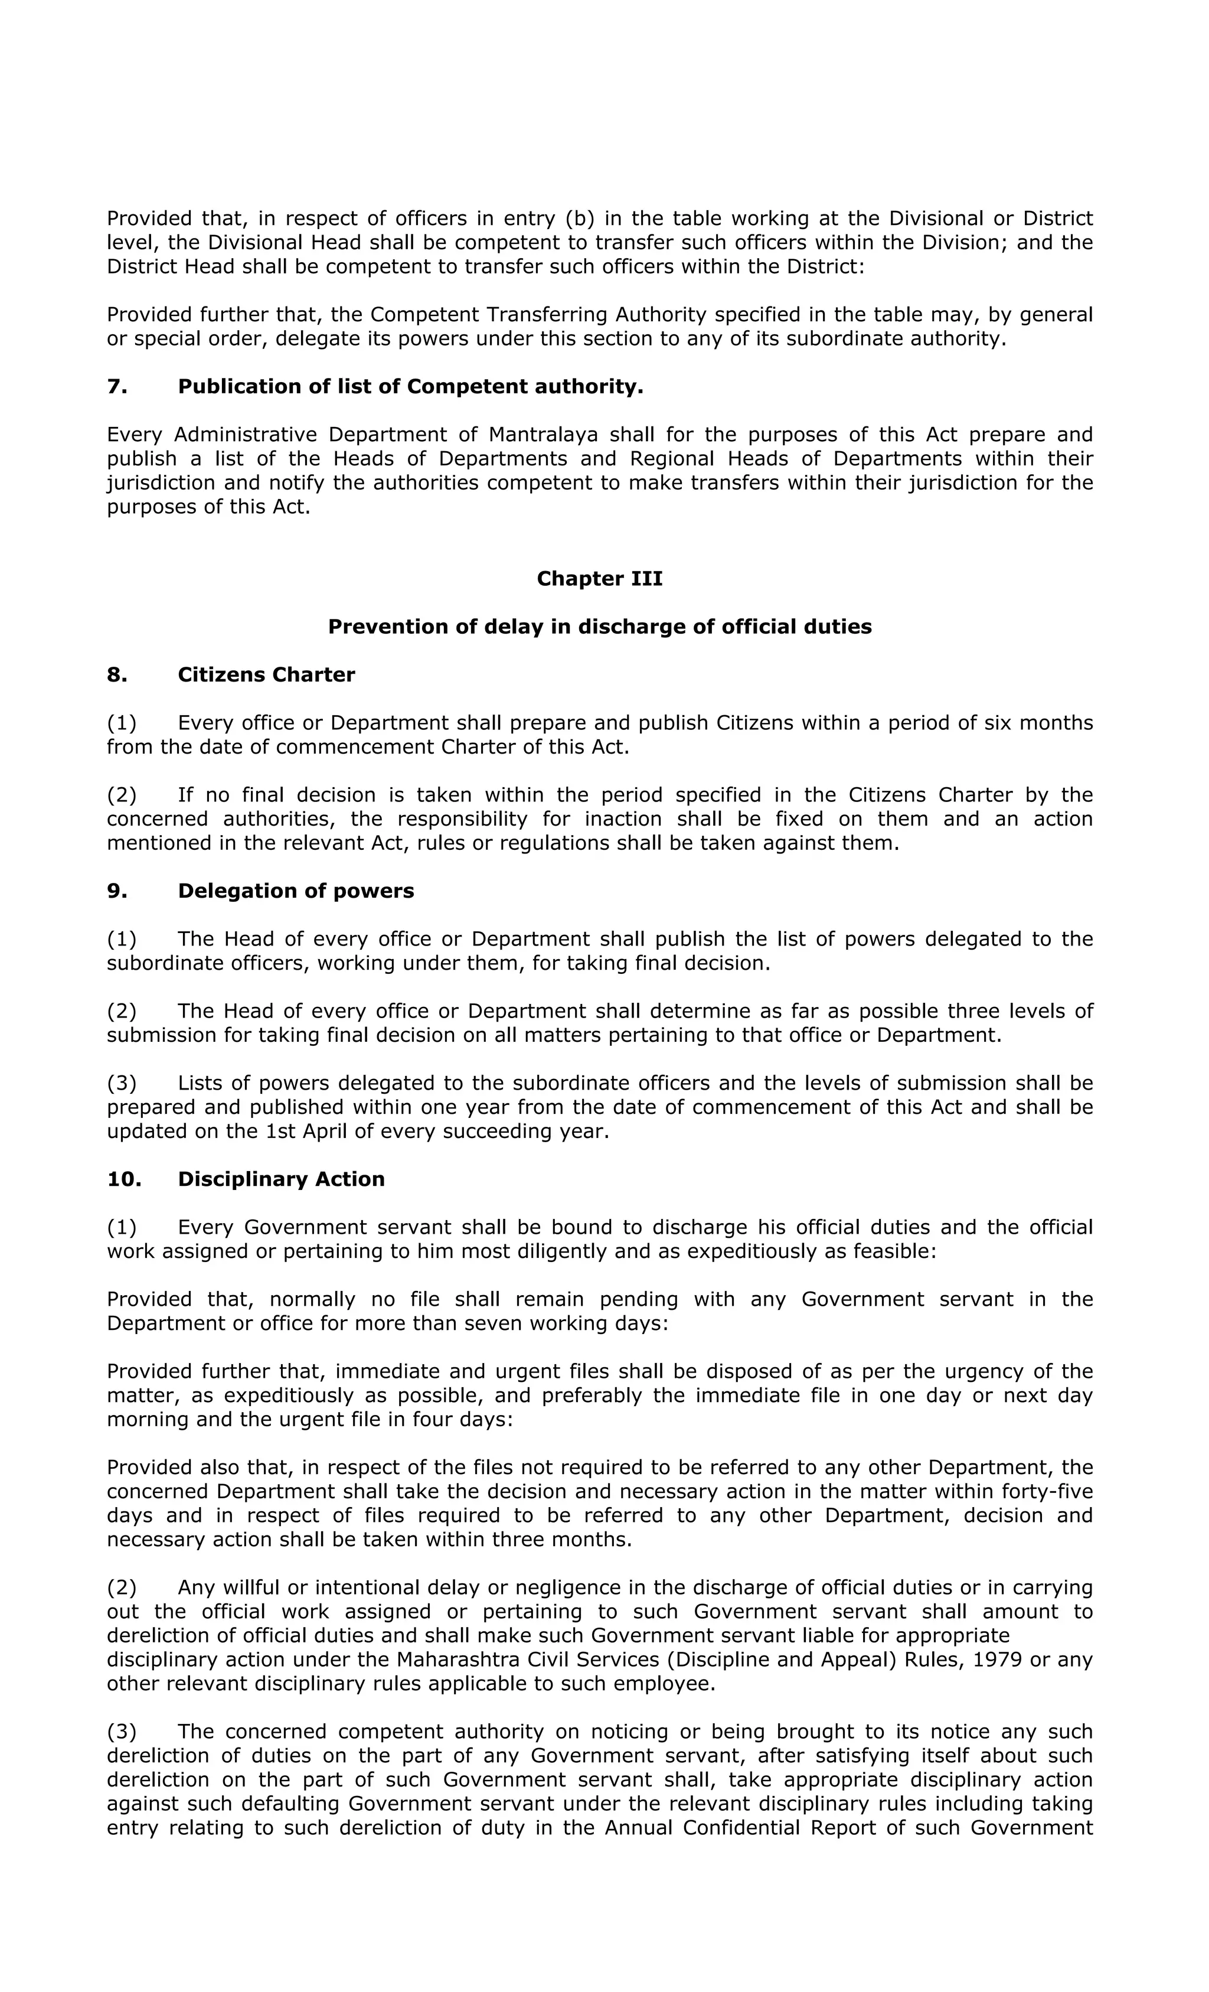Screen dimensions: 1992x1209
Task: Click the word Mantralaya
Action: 543,435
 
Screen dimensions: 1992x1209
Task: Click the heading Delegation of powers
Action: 295,891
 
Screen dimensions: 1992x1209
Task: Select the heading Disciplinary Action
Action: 280,1179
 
